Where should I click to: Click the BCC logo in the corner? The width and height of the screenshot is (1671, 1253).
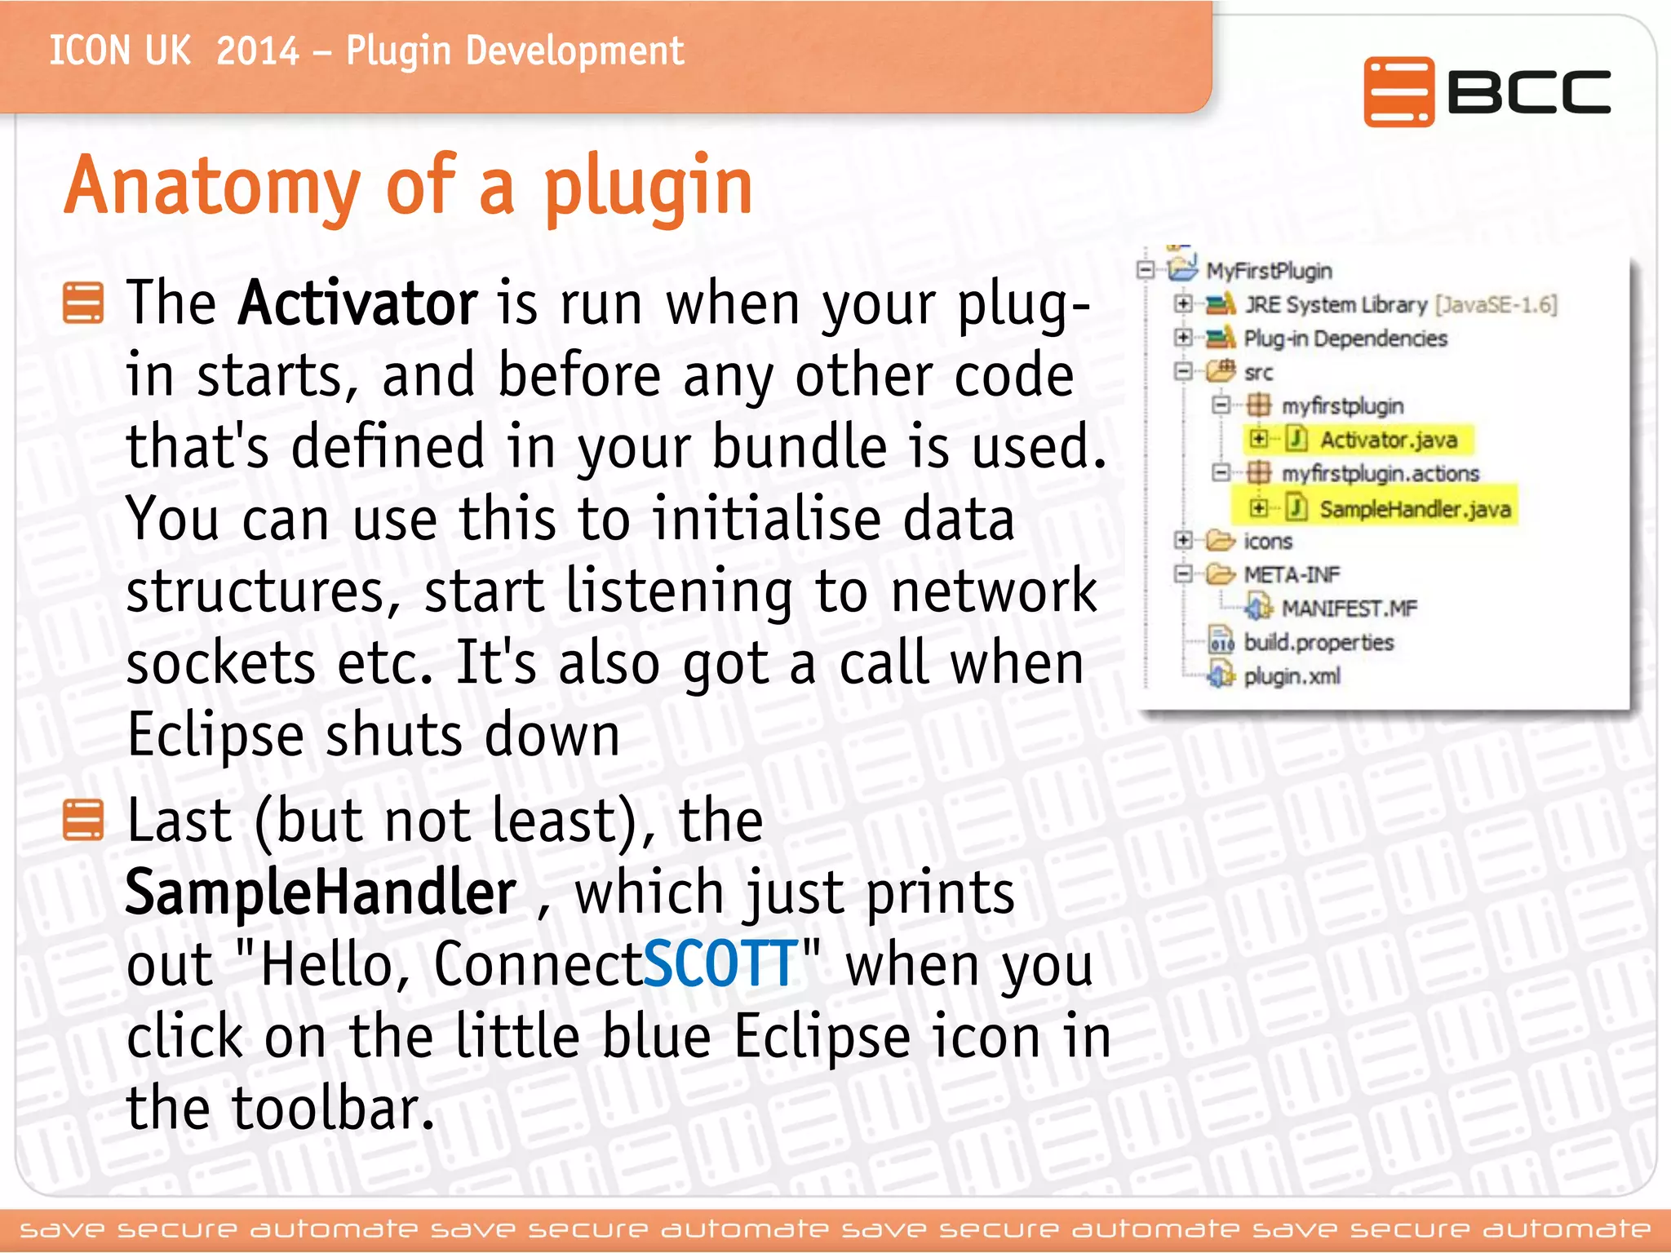pyautogui.click(x=1487, y=91)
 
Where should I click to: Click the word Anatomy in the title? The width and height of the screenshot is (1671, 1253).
pyautogui.click(x=211, y=187)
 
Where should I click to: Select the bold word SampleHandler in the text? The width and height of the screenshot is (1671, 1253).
pyautogui.click(x=321, y=893)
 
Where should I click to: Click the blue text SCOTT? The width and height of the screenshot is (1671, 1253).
pyautogui.click(x=720, y=965)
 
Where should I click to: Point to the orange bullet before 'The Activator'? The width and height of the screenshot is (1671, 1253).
pyautogui.click(x=83, y=303)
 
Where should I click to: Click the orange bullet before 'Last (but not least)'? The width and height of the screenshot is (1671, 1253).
pyautogui.click(x=83, y=820)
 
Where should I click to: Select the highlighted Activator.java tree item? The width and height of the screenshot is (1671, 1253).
pyautogui.click(x=1388, y=440)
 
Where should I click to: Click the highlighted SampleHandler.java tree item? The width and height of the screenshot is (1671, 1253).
pyautogui.click(x=1415, y=509)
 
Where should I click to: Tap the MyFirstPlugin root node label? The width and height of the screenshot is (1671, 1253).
pyautogui.click(x=1269, y=271)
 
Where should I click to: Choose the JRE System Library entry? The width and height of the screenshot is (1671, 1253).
pyautogui.click(x=1335, y=305)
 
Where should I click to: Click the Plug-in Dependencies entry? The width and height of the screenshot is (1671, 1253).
pyautogui.click(x=1345, y=339)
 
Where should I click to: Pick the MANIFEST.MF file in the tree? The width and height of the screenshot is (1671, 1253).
pyautogui.click(x=1349, y=609)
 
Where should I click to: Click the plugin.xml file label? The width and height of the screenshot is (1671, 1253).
pyautogui.click(x=1292, y=676)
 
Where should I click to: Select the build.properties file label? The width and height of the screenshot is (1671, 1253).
pyautogui.click(x=1318, y=643)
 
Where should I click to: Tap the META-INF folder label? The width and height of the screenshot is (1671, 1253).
pyautogui.click(x=1292, y=575)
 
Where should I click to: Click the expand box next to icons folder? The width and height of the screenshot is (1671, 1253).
pyautogui.click(x=1182, y=540)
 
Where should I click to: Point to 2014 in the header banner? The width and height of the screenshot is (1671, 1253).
pyautogui.click(x=258, y=51)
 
